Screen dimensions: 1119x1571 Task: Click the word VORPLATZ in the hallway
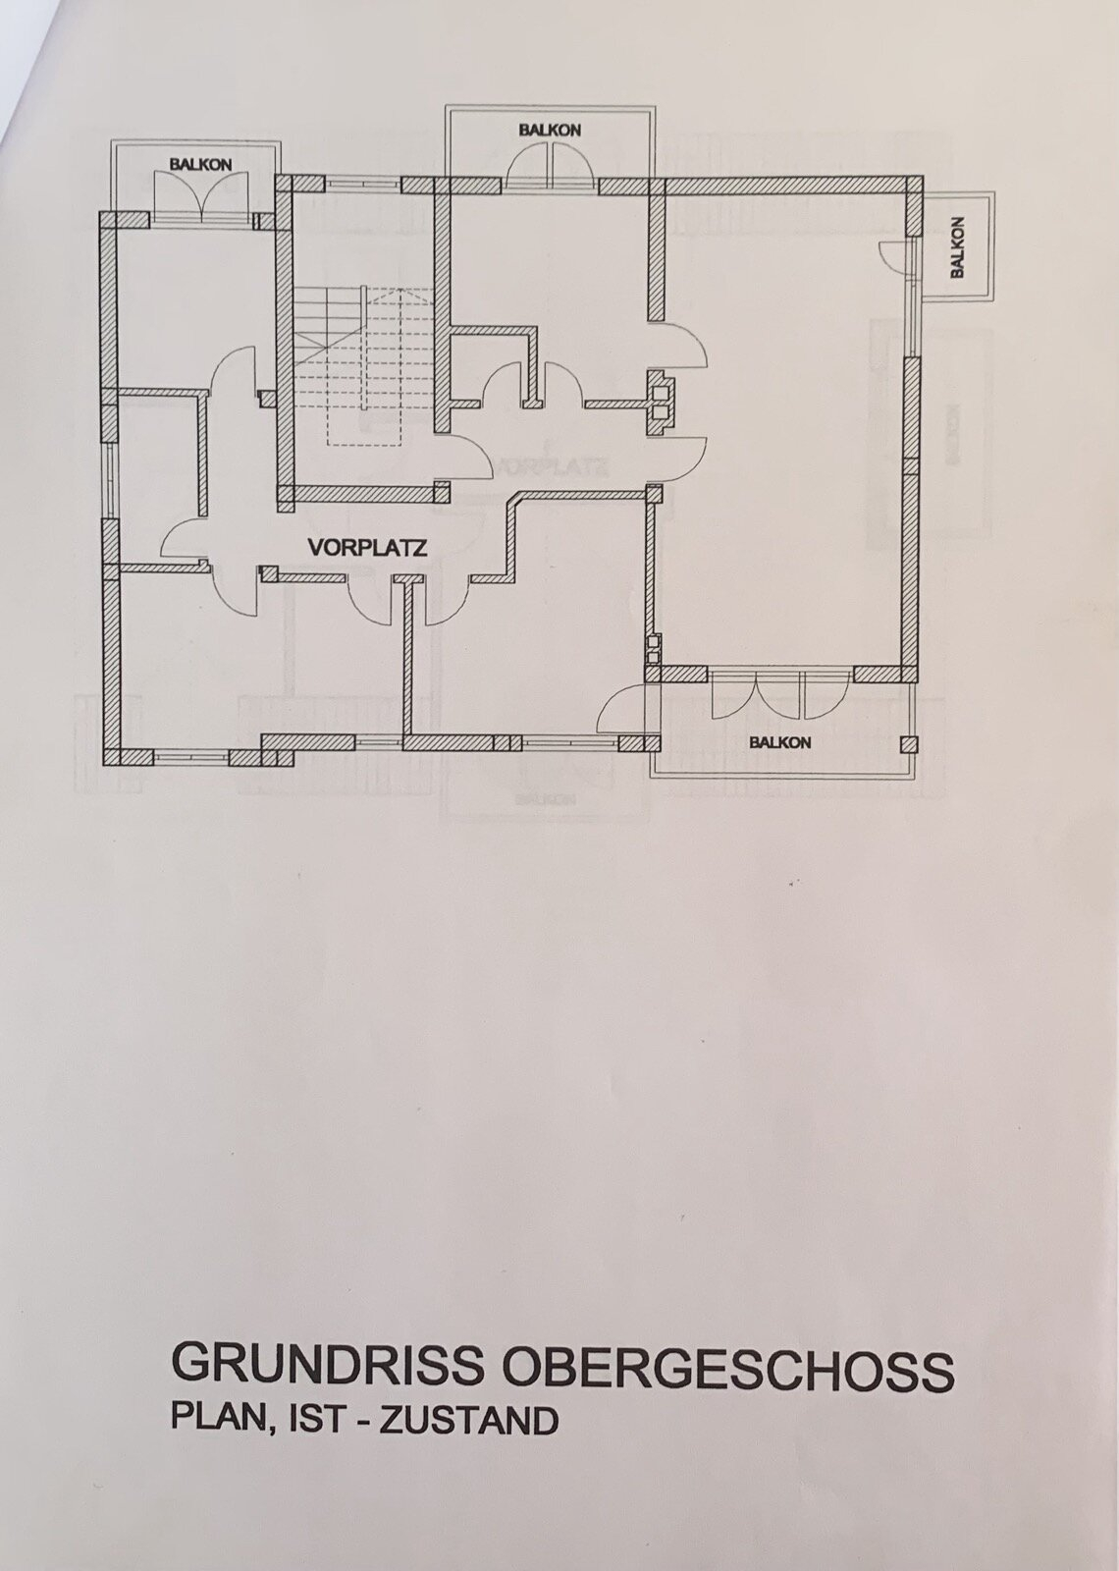coord(367,547)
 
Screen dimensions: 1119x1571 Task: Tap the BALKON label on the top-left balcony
coord(200,165)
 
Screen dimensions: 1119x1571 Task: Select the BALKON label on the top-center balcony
coord(550,130)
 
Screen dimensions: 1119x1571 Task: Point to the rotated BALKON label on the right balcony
coord(958,246)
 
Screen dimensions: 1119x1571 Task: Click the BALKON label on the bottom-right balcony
coord(779,742)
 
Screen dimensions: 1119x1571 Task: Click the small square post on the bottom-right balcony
coord(909,744)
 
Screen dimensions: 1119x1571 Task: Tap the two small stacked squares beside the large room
coord(654,649)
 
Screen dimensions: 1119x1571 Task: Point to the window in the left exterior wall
coord(109,480)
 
